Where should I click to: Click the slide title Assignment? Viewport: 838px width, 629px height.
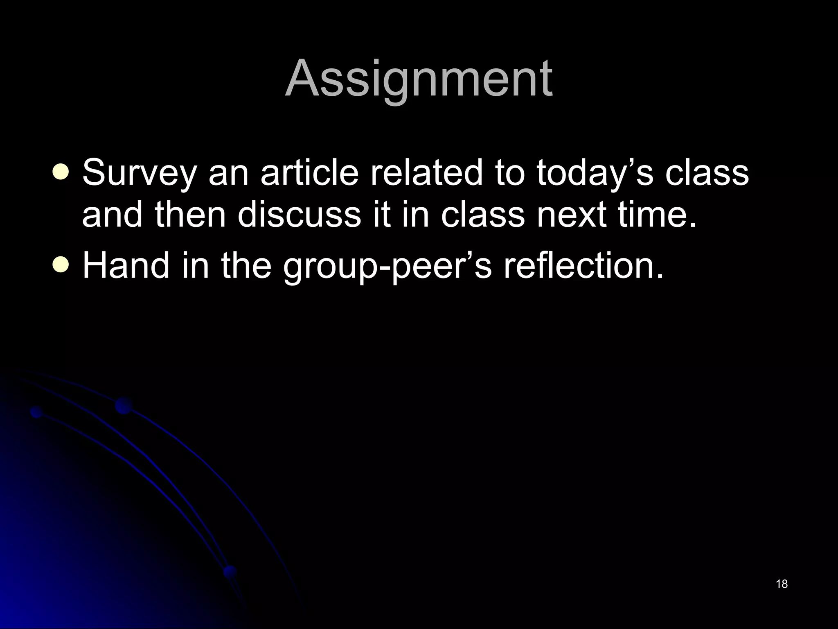(419, 79)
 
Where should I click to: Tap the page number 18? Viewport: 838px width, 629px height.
(782, 584)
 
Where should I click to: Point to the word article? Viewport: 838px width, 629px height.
(309, 172)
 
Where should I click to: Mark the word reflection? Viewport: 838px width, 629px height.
(583, 265)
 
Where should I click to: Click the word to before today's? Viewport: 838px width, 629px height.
(509, 172)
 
